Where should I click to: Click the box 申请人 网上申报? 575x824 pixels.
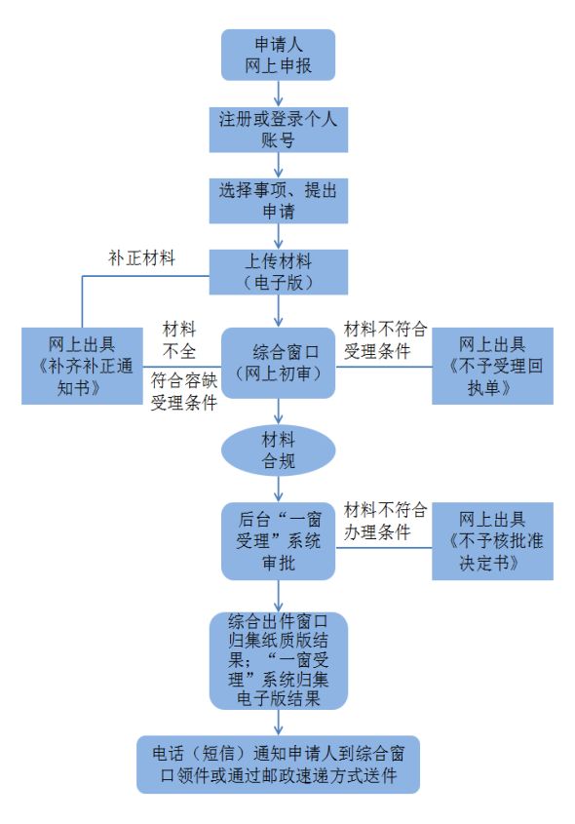click(279, 56)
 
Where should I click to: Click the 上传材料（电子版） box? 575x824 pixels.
click(279, 271)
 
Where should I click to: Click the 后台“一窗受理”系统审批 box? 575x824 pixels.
click(279, 541)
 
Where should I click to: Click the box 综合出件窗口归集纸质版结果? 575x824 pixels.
click(279, 660)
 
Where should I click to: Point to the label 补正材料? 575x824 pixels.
click(140, 258)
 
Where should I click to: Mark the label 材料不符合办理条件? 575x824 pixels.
click(385, 519)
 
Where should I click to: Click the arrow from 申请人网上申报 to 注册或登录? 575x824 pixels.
click(280, 94)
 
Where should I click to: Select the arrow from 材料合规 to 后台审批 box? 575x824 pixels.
click(280, 487)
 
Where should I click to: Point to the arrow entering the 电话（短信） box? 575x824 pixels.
click(280, 722)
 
